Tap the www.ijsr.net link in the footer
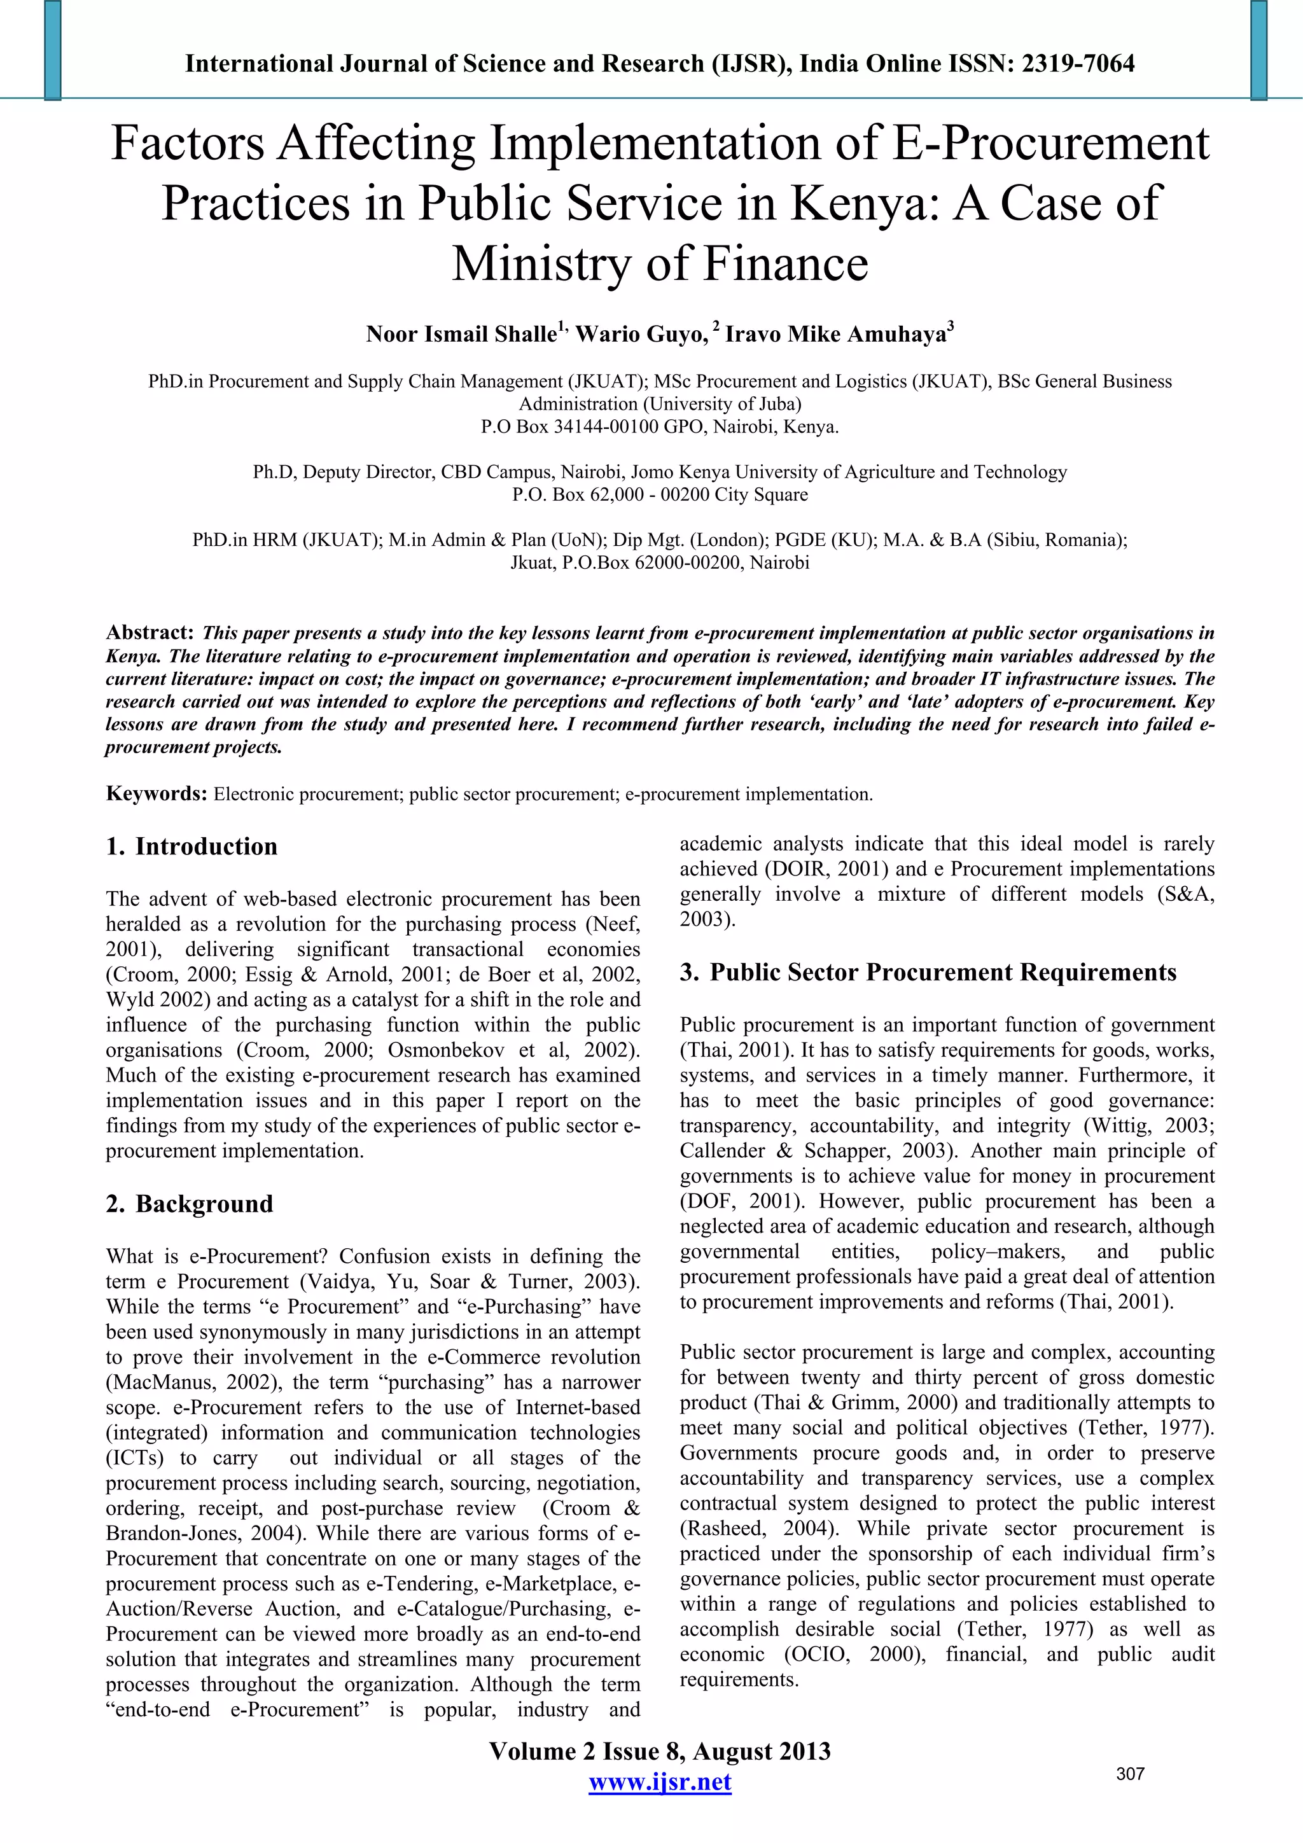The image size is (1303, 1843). pos(660,1781)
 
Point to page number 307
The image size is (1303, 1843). pos(1131,1774)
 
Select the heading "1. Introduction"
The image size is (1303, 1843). pos(192,846)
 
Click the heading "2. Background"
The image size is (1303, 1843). pos(190,1204)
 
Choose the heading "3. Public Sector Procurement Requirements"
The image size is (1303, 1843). pos(928,973)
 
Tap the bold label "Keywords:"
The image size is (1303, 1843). pos(157,794)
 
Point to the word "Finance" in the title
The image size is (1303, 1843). pos(785,263)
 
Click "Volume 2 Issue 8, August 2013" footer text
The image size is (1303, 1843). pos(660,1751)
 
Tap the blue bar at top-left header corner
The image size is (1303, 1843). pos(53,50)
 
